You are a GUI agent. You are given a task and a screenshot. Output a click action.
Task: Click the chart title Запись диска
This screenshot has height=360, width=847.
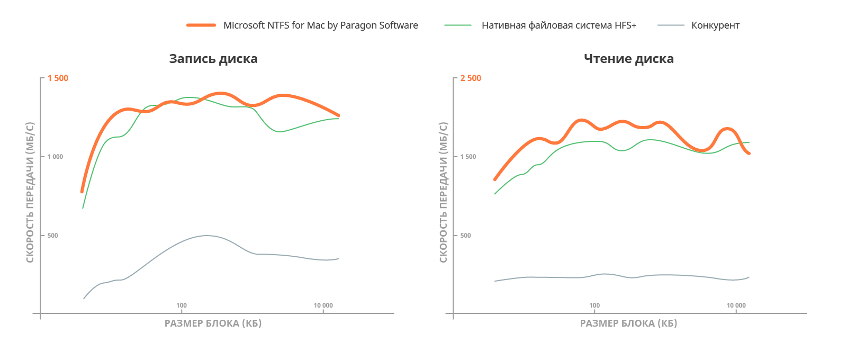coord(213,59)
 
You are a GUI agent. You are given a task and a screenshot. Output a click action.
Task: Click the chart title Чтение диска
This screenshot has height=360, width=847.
coord(628,59)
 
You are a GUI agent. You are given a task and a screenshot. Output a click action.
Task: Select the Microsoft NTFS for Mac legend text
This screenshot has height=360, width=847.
coord(323,25)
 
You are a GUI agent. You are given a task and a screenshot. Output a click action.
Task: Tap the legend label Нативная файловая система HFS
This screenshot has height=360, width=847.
coord(562,25)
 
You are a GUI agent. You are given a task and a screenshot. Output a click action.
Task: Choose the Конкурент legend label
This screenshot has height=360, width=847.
coord(715,25)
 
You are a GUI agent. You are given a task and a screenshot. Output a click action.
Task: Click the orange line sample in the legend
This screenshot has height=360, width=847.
coord(201,25)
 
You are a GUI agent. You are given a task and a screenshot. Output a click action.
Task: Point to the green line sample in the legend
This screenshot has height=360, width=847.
coord(458,25)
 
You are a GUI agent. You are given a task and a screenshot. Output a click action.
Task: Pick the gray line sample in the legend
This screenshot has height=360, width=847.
coord(671,25)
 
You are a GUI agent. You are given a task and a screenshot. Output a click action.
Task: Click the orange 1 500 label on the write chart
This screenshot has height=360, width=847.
coord(58,78)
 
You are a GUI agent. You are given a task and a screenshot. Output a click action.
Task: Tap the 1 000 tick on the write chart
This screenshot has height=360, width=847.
coord(55,157)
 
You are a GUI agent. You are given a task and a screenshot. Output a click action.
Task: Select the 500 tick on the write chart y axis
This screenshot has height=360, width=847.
coord(52,236)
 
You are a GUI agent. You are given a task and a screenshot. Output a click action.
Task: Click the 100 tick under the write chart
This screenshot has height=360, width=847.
coord(182,305)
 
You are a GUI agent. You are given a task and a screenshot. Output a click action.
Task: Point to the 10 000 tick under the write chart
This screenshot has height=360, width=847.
coord(323,305)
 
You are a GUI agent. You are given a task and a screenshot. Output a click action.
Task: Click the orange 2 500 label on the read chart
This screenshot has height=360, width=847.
coord(471,78)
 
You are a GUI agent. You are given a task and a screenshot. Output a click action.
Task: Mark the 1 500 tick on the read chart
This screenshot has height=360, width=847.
coord(468,157)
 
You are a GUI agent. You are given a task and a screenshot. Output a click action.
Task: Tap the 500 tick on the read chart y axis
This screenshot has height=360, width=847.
coord(465,236)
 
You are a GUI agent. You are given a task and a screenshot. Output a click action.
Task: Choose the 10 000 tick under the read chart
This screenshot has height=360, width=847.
coord(736,305)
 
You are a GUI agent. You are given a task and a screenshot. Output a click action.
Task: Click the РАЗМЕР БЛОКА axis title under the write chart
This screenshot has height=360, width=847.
coord(213,323)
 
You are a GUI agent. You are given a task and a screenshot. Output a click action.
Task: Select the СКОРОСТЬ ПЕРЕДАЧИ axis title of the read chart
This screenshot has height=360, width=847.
coord(444,192)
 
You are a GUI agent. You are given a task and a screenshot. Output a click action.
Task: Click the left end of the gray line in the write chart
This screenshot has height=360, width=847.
coord(84,299)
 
